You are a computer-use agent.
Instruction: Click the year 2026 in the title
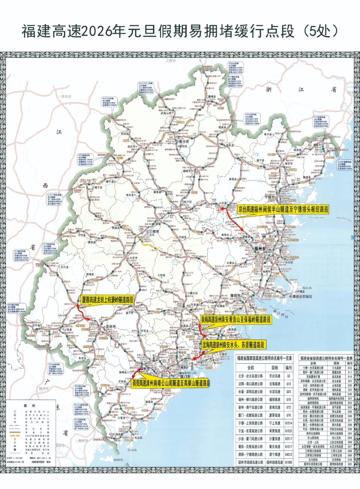pos(99,32)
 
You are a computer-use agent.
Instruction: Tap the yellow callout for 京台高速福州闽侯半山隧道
pos(283,209)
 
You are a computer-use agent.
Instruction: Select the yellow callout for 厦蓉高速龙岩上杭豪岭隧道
pos(107,299)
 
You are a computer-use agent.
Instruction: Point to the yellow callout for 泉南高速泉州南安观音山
pos(235,320)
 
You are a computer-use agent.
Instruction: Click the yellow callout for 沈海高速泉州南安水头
pos(233,345)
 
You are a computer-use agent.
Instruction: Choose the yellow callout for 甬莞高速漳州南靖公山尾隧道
pos(171,383)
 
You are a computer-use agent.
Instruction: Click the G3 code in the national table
pos(288,376)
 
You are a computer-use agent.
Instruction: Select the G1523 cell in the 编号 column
pos(288,431)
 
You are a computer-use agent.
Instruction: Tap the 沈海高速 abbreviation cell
pos(274,384)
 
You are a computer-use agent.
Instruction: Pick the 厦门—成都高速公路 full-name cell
pos(250,415)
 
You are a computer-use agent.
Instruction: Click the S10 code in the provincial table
pos(349,368)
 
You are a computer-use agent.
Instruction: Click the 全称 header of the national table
pos(250,368)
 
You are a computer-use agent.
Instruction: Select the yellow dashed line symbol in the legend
pos(15,436)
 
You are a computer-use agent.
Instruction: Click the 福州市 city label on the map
pos(260,249)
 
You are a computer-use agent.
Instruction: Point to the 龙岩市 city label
pos(111,327)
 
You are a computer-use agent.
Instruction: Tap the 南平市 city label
pos(184,142)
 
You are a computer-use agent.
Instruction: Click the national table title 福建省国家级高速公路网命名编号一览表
pos(264,359)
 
